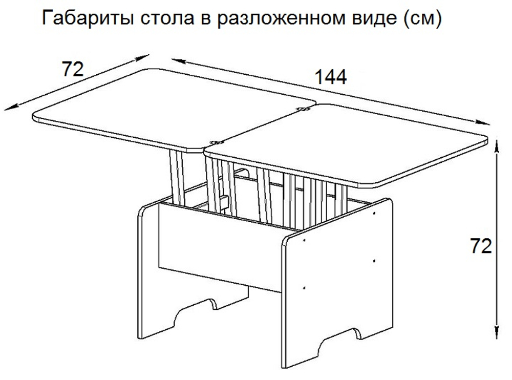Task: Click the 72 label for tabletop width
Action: [x=72, y=68]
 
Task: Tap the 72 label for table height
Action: [x=481, y=247]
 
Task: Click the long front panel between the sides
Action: [x=220, y=246]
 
